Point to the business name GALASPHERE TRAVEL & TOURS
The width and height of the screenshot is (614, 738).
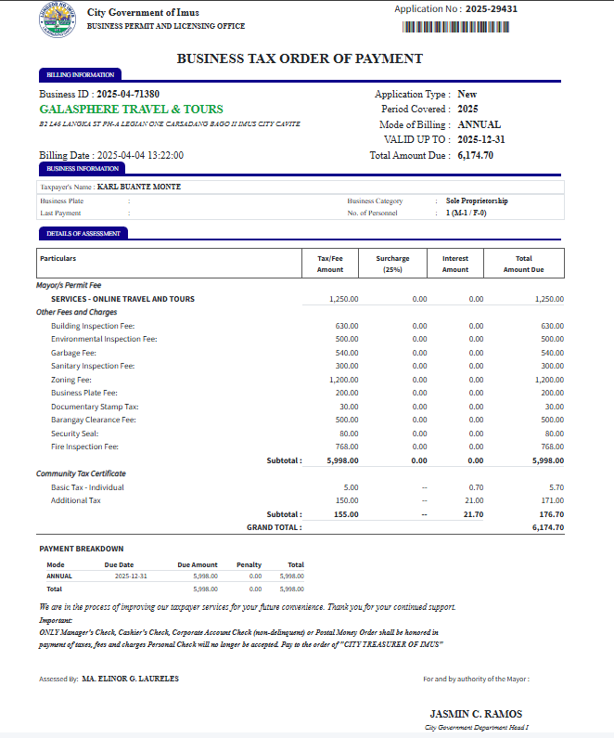point(131,109)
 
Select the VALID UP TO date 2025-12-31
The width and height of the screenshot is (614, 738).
point(480,139)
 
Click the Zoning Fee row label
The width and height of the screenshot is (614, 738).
point(71,380)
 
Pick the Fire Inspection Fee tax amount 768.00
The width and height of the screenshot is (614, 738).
point(346,447)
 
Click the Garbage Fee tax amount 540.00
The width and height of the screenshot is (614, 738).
point(346,353)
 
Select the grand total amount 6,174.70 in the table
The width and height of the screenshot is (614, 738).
point(547,527)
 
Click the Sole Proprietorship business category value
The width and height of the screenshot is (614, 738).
point(477,201)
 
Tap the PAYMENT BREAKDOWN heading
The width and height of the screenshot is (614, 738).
point(82,549)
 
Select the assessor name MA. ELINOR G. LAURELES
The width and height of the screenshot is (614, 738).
point(130,679)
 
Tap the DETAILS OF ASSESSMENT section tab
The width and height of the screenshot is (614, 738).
point(83,233)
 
